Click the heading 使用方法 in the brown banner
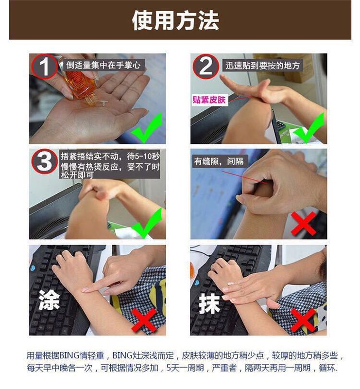click(x=175, y=20)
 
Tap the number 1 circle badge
click(x=44, y=67)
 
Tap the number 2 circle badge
click(x=206, y=67)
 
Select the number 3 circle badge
click(x=45, y=162)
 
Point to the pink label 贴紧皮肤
click(x=209, y=100)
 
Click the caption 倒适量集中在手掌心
click(x=103, y=65)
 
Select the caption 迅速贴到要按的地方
click(x=262, y=66)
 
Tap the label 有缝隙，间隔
click(x=219, y=161)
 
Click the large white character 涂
click(x=49, y=300)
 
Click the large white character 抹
click(x=209, y=303)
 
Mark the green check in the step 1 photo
click(x=147, y=128)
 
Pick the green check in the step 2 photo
click(x=309, y=128)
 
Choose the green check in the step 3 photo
click(x=147, y=223)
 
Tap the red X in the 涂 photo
click(x=144, y=320)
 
